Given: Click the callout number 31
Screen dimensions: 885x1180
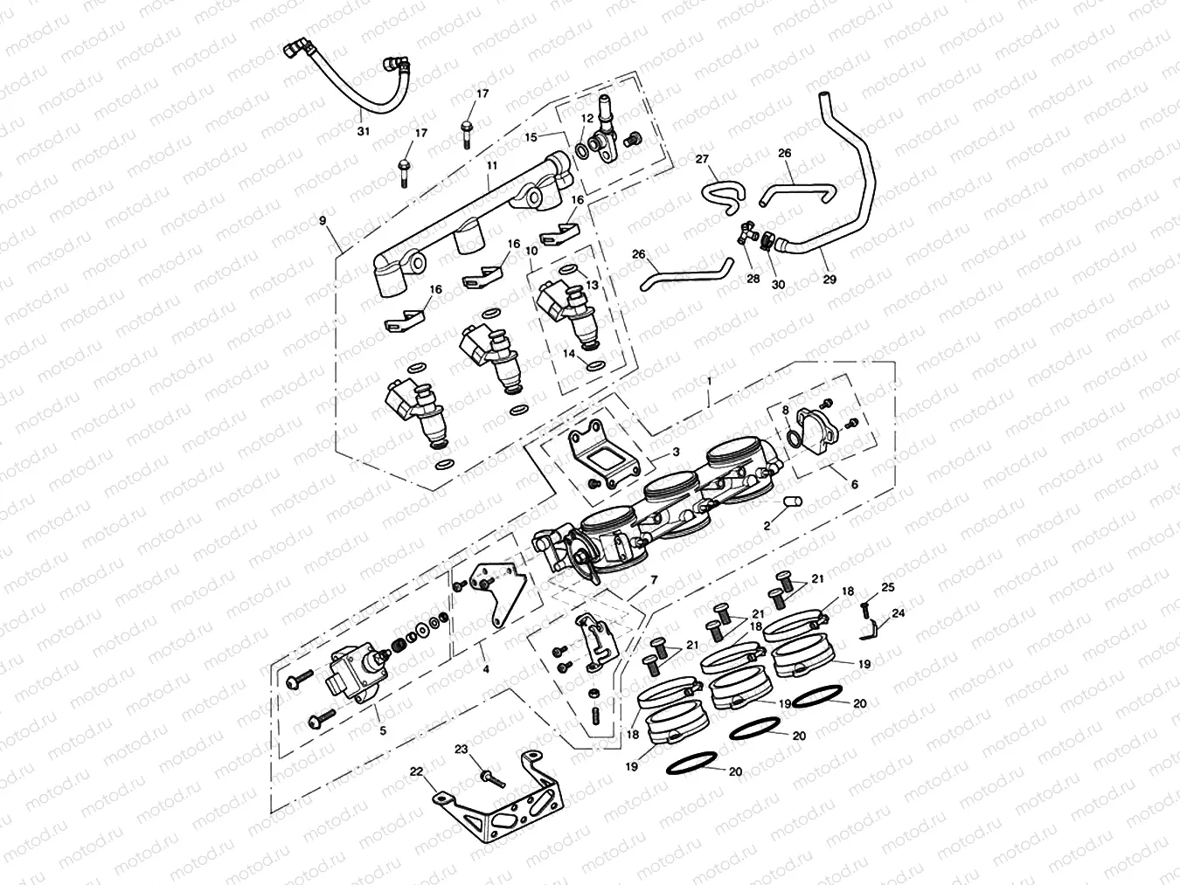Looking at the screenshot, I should [x=363, y=131].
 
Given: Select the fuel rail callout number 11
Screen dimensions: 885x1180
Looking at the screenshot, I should [x=492, y=164].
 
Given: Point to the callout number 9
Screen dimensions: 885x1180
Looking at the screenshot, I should [x=323, y=221].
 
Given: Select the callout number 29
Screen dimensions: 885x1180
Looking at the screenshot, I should [x=829, y=280].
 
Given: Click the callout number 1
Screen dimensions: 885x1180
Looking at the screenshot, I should [x=709, y=382].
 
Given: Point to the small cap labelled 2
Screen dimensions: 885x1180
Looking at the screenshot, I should [x=792, y=501].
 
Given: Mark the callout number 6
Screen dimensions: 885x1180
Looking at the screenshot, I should [x=854, y=483].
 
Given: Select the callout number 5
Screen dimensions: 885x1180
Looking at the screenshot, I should [x=380, y=730].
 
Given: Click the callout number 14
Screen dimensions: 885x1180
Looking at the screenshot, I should [x=568, y=354].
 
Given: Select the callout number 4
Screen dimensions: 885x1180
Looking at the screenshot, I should [x=485, y=670].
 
